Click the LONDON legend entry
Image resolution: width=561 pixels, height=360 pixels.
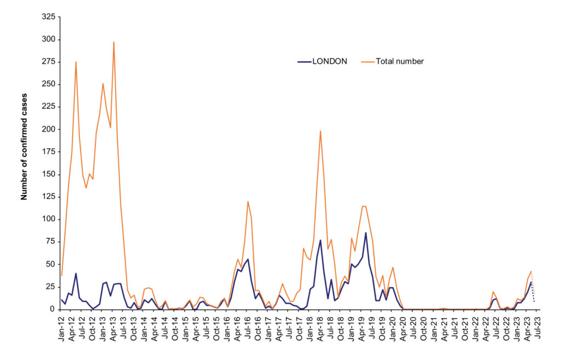pos(329,61)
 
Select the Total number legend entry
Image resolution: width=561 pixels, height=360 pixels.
pos(399,61)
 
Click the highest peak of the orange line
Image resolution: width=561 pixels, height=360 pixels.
pos(113,42)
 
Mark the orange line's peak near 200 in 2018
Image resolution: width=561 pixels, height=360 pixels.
pos(320,131)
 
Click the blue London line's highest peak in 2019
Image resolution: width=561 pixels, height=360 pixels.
pos(365,233)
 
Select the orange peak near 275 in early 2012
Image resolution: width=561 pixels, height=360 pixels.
pos(76,62)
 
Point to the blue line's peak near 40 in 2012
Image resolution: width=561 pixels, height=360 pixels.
pos(76,273)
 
